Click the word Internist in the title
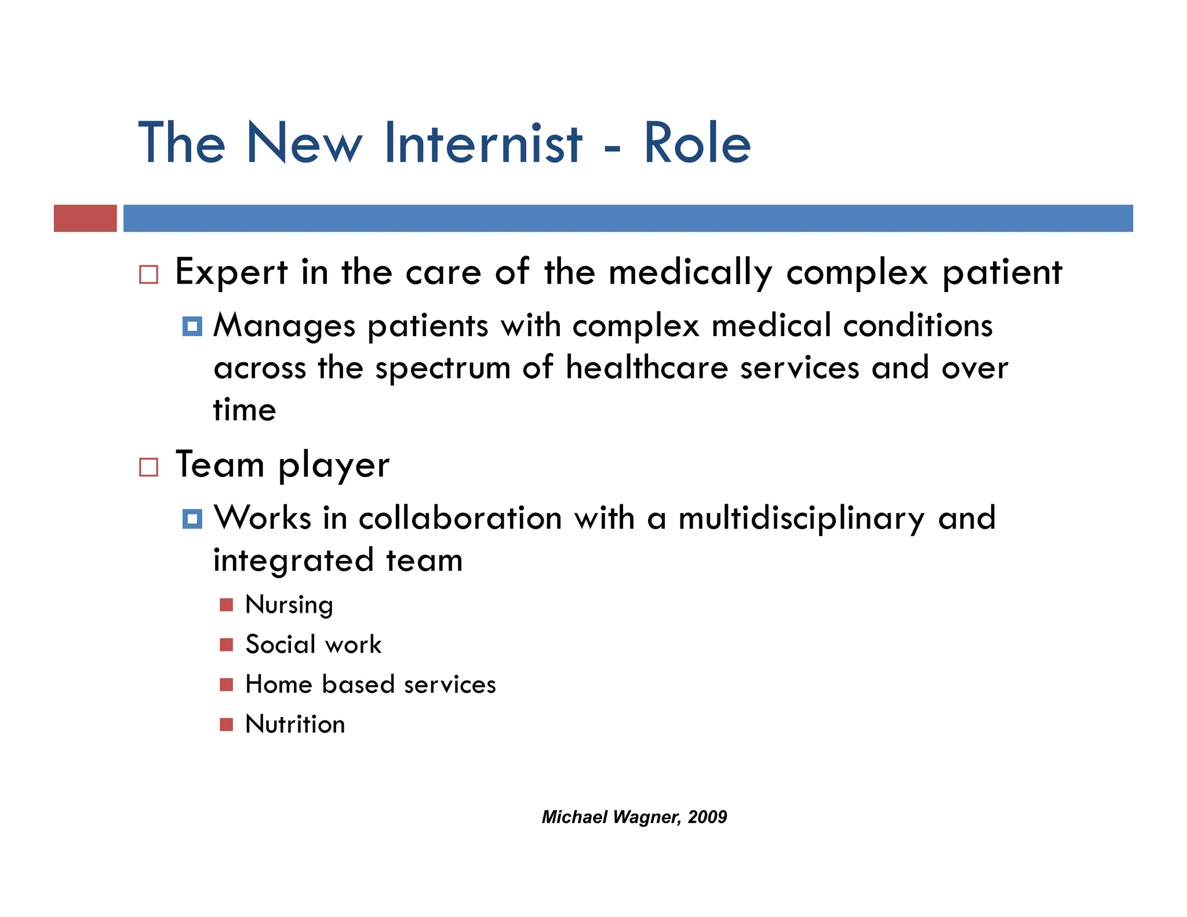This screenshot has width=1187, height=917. click(483, 143)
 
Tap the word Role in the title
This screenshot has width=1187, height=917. click(697, 143)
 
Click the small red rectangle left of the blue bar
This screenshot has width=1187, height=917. click(85, 219)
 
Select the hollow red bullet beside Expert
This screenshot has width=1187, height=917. click(148, 274)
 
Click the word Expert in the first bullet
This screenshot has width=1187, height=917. click(231, 272)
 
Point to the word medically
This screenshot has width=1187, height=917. click(690, 272)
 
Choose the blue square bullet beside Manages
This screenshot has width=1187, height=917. click(192, 326)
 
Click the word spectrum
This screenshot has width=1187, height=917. click(442, 368)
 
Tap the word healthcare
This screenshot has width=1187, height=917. click(646, 367)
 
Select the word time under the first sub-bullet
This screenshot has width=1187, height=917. click(245, 410)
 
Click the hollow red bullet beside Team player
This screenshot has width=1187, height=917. click(148, 467)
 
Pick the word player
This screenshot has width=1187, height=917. click(334, 466)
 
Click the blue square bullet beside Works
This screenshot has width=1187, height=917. click(192, 519)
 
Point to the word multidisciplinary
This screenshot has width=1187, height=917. click(801, 518)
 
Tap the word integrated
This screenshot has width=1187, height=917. click(293, 561)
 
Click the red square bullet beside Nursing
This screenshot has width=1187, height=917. click(226, 605)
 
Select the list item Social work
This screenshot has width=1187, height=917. click(313, 645)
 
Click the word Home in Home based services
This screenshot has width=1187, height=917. click(279, 685)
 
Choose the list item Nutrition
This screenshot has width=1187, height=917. click(295, 725)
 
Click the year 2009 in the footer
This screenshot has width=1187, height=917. click(707, 817)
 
